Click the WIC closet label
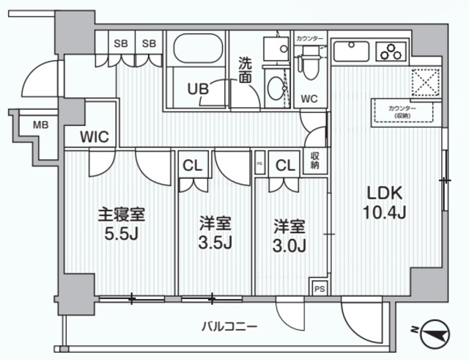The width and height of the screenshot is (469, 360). point(95,136)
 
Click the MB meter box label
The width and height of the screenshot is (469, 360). point(40,125)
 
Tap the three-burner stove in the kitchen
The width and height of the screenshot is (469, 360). point(391,51)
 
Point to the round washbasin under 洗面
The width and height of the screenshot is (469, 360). point(277,87)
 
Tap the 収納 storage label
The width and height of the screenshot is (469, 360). point(314,159)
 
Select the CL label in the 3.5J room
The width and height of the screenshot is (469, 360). point(193,165)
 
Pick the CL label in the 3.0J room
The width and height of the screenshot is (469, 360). point(285,165)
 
